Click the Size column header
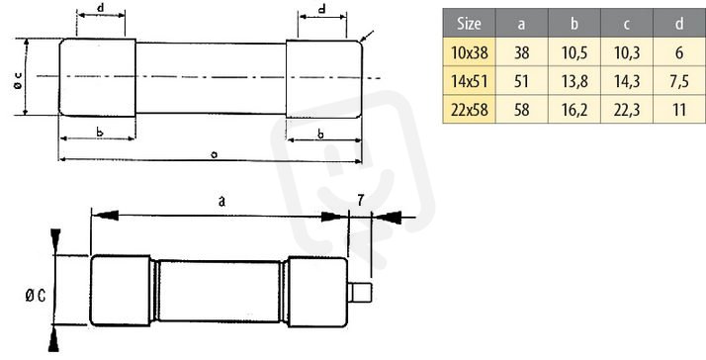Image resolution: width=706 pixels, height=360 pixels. click(469, 23)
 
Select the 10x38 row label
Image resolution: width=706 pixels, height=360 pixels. click(469, 53)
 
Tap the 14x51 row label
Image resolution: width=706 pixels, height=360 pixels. click(469, 81)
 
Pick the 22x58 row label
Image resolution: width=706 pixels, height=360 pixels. click(469, 110)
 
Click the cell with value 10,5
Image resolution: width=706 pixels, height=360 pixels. click(574, 53)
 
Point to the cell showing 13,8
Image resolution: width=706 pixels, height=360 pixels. click(574, 81)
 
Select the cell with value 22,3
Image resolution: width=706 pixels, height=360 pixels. click(627, 110)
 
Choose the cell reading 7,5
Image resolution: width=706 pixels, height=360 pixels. click(679, 81)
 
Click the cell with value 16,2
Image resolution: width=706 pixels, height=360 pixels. click(574, 110)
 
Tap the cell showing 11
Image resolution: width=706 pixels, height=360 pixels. click(679, 110)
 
